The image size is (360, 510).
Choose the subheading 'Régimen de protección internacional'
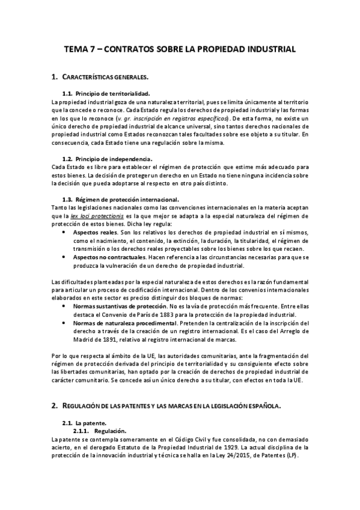124,199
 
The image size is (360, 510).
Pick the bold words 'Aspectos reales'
95,232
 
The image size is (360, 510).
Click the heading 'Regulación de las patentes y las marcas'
171,407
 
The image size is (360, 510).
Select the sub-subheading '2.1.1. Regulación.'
100,431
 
